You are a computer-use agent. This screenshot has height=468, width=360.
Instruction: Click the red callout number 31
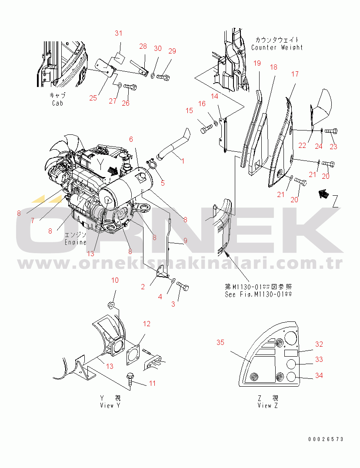pyautogui.click(x=119, y=33)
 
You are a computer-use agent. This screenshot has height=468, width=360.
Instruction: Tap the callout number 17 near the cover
pyautogui.click(x=295, y=74)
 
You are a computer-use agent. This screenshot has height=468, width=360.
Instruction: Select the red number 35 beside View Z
pyautogui.click(x=220, y=343)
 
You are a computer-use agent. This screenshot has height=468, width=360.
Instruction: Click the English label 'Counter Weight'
pyautogui.click(x=277, y=47)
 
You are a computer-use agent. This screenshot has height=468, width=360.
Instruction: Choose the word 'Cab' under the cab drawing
pyautogui.click(x=57, y=104)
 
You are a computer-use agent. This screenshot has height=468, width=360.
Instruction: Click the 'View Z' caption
pyautogui.click(x=267, y=405)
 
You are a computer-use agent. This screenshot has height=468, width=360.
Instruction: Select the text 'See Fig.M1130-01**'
pyautogui.click(x=258, y=294)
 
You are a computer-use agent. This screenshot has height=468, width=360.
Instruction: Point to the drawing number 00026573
pyautogui.click(x=326, y=439)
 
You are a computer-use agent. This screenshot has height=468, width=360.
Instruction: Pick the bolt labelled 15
pyautogui.click(x=206, y=129)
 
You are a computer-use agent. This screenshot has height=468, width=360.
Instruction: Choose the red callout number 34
pyautogui.click(x=319, y=375)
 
